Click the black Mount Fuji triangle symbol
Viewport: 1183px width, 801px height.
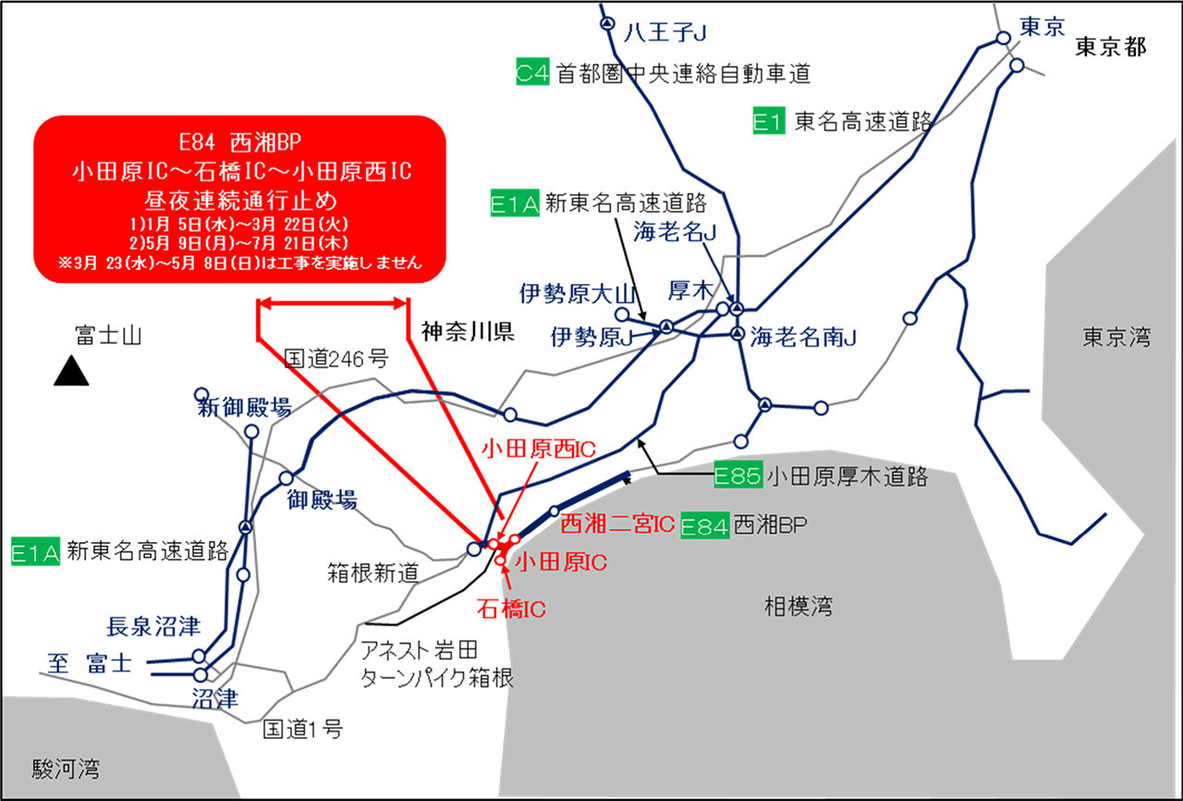[x=70, y=371]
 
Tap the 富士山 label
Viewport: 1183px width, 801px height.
[x=107, y=334]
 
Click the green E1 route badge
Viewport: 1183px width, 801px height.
[x=769, y=121]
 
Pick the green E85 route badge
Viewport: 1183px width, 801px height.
[x=738, y=477]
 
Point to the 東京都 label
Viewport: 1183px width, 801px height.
[x=1110, y=48]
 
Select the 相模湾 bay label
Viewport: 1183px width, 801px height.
[x=799, y=607]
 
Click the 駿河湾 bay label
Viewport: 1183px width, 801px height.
[x=66, y=769]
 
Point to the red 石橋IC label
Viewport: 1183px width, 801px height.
[x=512, y=609]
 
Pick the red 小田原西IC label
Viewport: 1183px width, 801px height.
[x=539, y=450]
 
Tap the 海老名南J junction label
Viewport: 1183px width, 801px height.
[x=804, y=338]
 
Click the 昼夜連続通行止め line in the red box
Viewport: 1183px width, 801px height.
[x=238, y=198]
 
